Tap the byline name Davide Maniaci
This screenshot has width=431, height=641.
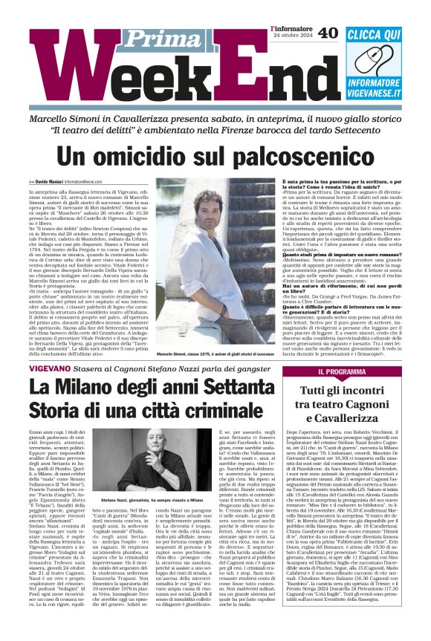[x=51, y=182]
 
